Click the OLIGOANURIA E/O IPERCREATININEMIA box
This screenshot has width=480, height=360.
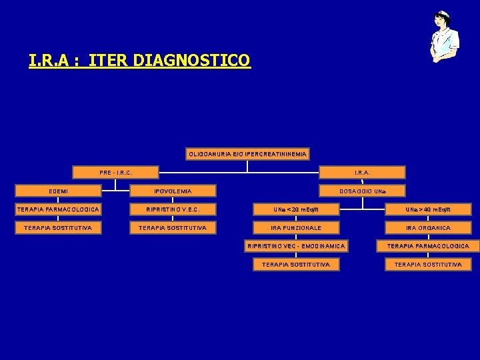[x=247, y=154]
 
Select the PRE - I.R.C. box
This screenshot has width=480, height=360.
[x=115, y=173]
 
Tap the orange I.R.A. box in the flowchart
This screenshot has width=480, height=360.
[x=362, y=173]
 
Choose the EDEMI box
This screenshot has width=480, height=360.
[x=57, y=191]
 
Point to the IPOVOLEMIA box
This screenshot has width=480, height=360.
[x=173, y=191]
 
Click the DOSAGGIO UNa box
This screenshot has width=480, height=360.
[x=362, y=191]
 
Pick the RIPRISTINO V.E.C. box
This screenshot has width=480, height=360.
[x=173, y=209]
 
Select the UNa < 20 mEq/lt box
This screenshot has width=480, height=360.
[x=296, y=209]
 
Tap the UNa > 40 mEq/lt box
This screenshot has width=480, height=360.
[x=427, y=209]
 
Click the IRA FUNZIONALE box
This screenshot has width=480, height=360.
[x=296, y=228]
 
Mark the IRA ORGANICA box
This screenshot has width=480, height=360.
[x=427, y=228]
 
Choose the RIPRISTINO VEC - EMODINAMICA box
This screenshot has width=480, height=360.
[x=296, y=246]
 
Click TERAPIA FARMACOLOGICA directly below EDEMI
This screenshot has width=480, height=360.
[x=57, y=209]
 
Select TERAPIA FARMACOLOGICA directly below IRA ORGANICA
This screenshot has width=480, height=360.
[x=427, y=246]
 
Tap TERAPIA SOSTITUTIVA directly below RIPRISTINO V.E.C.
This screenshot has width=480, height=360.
[x=173, y=228]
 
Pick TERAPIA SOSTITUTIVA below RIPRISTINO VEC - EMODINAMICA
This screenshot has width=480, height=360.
[x=296, y=265]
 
